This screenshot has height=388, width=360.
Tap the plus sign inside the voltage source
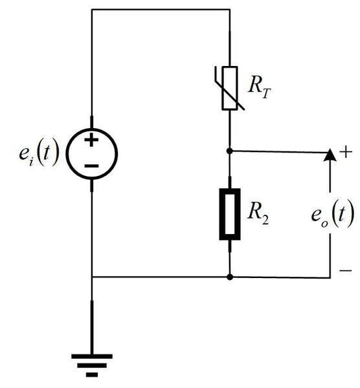point(92,140)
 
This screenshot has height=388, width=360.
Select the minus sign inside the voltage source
point(92,167)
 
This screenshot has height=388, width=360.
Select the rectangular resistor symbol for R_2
point(230,214)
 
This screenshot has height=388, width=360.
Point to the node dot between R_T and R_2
point(230,151)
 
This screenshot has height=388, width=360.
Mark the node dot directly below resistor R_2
point(230,277)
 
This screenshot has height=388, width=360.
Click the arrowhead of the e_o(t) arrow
point(330,155)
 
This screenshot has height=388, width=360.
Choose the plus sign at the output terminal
point(346,152)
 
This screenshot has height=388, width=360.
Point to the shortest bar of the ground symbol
point(92,374)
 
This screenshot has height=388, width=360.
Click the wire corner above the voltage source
point(92,10)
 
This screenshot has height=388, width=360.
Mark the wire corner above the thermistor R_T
point(230,10)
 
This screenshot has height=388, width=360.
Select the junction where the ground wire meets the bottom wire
point(92,277)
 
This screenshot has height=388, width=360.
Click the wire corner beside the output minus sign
point(330,277)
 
